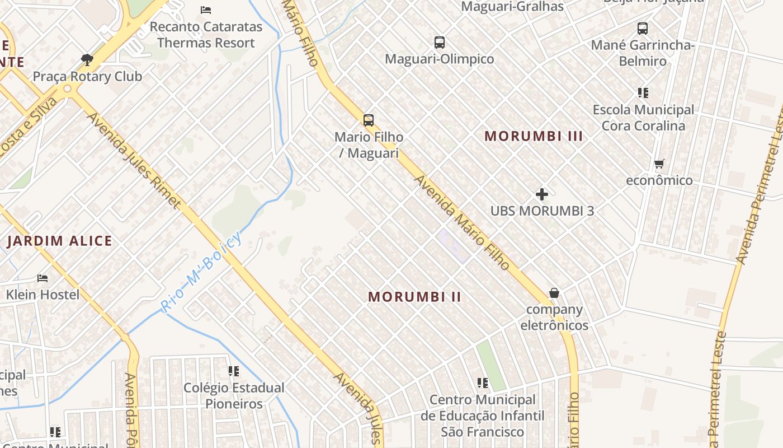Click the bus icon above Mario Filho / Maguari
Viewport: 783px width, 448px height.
(x=369, y=120)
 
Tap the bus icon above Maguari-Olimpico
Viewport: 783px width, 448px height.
(x=440, y=42)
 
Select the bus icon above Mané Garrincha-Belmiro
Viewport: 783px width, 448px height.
(x=643, y=28)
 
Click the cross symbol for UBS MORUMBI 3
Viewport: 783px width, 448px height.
(x=542, y=194)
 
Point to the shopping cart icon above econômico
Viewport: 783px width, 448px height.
(x=659, y=164)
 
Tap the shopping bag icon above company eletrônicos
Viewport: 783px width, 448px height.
(x=554, y=293)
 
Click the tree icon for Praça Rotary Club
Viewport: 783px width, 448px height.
(x=87, y=59)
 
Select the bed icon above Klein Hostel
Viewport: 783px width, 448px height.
(x=43, y=278)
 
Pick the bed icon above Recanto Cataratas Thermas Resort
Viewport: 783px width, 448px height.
(x=206, y=10)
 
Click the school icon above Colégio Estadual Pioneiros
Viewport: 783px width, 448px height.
(x=234, y=371)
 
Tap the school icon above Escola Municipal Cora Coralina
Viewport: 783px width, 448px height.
(x=643, y=93)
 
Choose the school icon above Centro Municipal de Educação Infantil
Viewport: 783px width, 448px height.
(x=483, y=383)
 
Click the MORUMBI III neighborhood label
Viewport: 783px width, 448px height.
(x=534, y=136)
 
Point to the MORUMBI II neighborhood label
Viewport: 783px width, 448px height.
(x=415, y=297)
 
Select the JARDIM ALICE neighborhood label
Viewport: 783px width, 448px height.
(x=60, y=241)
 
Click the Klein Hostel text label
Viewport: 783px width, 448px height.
(x=43, y=294)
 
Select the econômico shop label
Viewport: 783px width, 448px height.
(x=659, y=180)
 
